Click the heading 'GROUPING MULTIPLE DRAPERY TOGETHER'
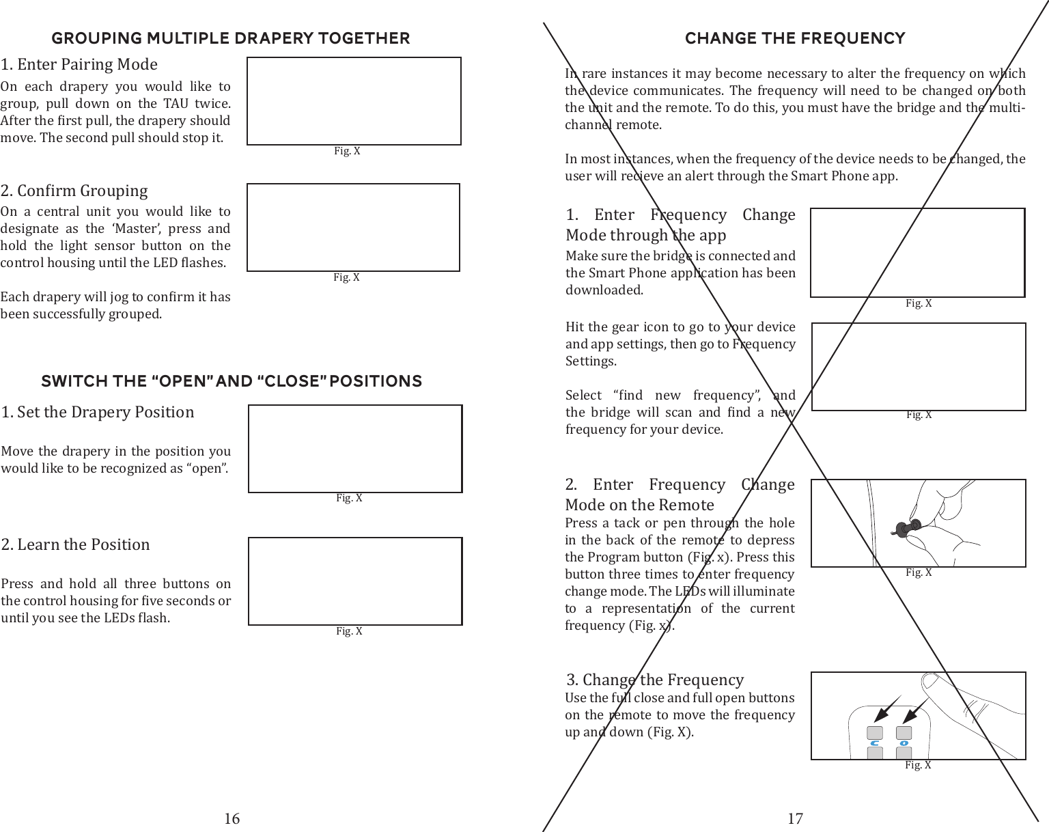click(231, 38)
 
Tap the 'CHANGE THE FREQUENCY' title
click(795, 38)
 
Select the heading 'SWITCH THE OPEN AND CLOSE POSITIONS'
click(232, 381)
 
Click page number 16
click(232, 818)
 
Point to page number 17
click(795, 818)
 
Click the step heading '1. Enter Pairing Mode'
click(79, 64)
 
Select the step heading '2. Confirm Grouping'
click(74, 191)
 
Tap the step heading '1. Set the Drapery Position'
click(98, 412)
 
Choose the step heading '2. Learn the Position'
click(76, 544)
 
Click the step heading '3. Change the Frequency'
click(655, 680)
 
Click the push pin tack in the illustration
click(907, 528)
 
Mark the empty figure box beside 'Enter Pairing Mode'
click(354, 101)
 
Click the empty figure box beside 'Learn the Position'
click(355, 581)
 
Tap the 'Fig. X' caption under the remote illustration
click(918, 765)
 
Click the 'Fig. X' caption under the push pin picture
click(919, 572)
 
